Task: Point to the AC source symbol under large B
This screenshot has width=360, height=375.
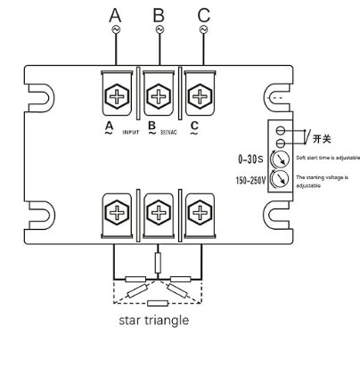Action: [159, 29]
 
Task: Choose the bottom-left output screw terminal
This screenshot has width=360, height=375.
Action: [118, 212]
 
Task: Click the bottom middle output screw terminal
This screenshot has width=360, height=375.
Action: [159, 212]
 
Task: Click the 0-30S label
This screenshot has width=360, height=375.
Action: [252, 159]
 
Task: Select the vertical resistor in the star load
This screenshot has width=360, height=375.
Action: [158, 261]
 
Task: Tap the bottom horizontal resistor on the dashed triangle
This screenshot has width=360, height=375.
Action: [158, 304]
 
